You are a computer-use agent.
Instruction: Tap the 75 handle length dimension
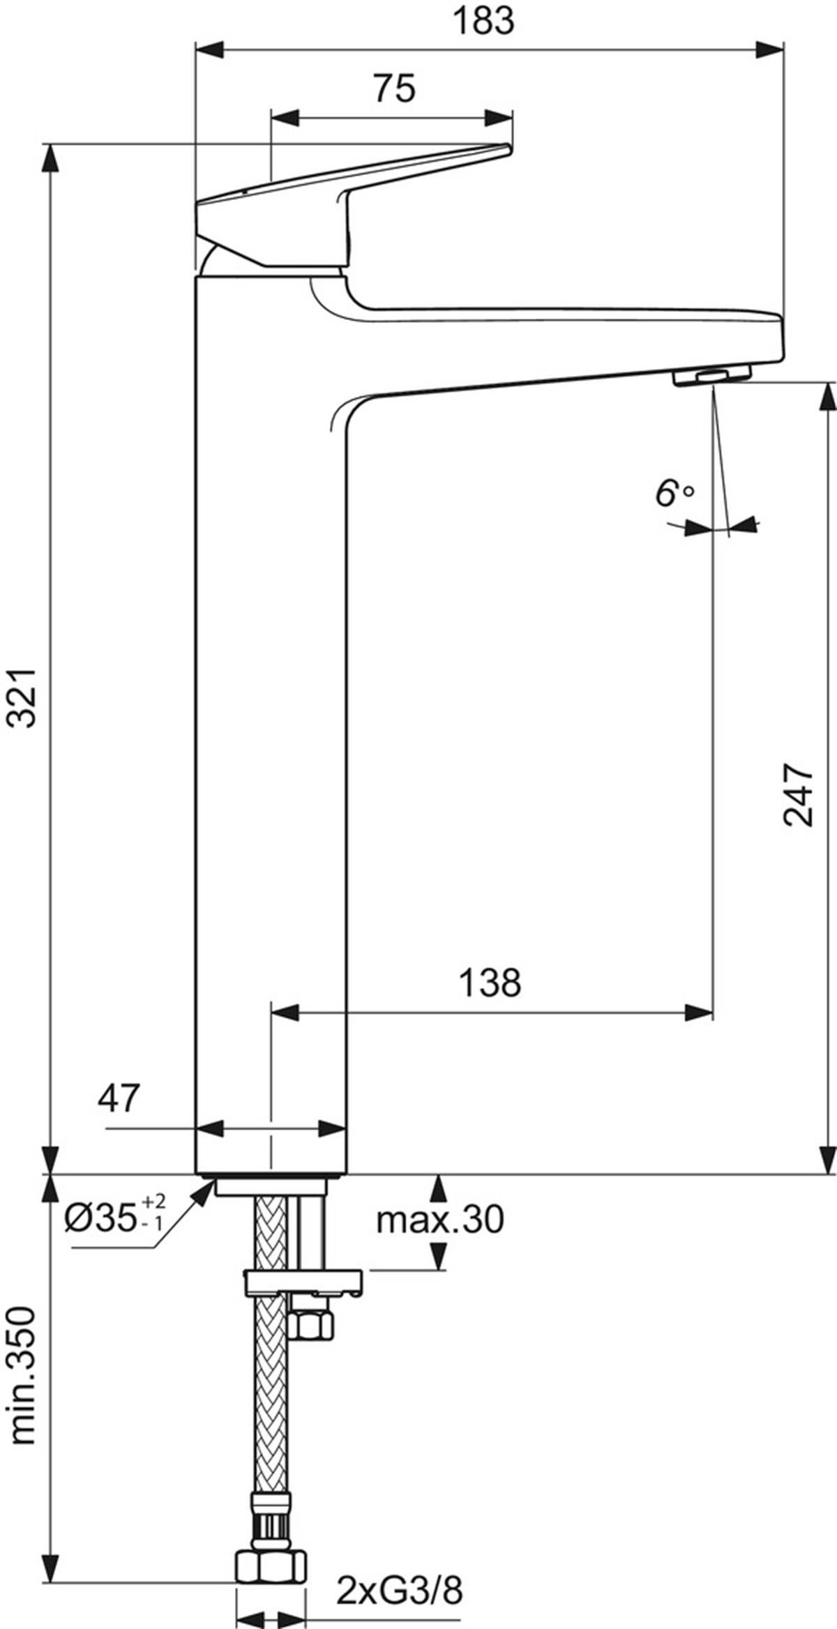tap(394, 89)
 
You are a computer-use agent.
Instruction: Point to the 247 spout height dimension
tap(799, 796)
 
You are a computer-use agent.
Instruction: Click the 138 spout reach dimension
tap(490, 983)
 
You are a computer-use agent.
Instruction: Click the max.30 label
tap(440, 1220)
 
